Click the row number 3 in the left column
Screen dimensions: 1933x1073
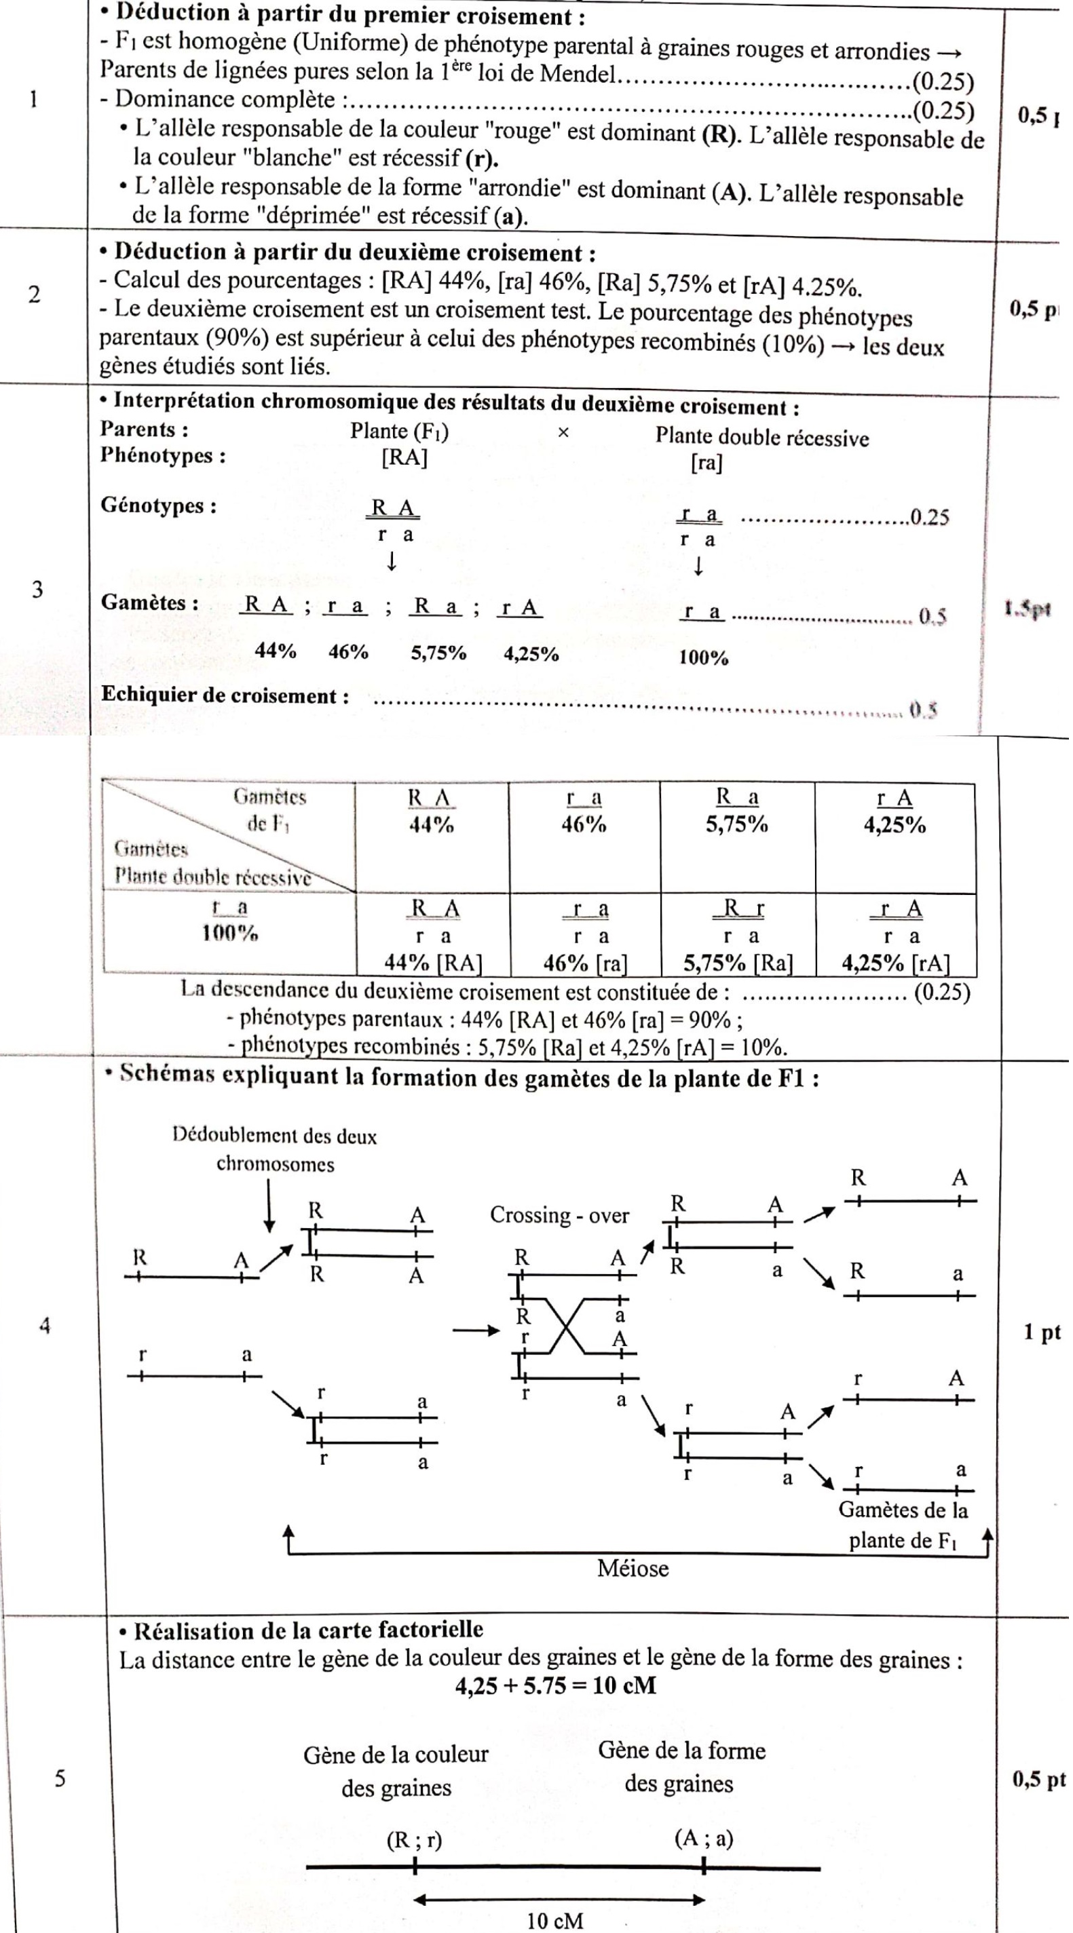pos(37,589)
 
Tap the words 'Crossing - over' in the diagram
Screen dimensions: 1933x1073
pos(559,1215)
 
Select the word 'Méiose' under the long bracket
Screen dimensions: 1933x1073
pos(633,1568)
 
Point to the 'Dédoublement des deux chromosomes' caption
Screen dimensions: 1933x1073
pos(275,1149)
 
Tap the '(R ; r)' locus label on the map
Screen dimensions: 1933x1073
pos(414,1839)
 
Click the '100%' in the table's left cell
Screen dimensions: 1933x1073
pos(229,934)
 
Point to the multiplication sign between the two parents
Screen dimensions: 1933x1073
pos(563,433)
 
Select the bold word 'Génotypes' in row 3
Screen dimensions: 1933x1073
pos(158,505)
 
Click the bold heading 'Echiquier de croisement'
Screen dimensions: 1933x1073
pos(225,695)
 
